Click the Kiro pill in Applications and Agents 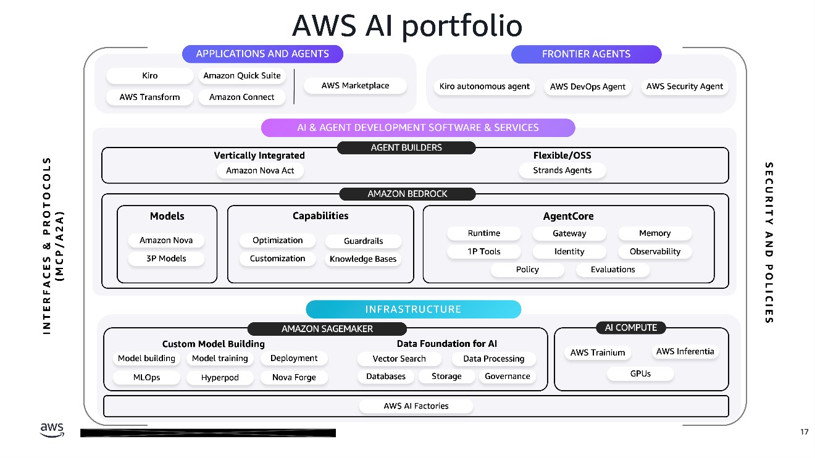[x=150, y=76]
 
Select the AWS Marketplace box [x=355, y=86]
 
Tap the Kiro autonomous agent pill [x=485, y=86]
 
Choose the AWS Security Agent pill [x=684, y=86]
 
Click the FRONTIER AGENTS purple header [x=586, y=54]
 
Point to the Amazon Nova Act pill [x=260, y=170]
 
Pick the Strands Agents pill [x=562, y=170]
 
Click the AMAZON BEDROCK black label [x=407, y=194]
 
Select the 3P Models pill [x=166, y=259]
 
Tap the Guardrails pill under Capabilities [x=363, y=241]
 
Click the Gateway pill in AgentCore [x=569, y=233]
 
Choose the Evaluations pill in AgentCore [x=612, y=270]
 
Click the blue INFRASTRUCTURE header [x=413, y=309]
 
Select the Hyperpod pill [x=220, y=377]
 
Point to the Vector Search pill [x=399, y=359]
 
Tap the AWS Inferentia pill [x=685, y=352]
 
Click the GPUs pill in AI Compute [x=640, y=373]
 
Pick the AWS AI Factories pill [x=416, y=406]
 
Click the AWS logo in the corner [x=52, y=430]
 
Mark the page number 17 [x=804, y=432]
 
